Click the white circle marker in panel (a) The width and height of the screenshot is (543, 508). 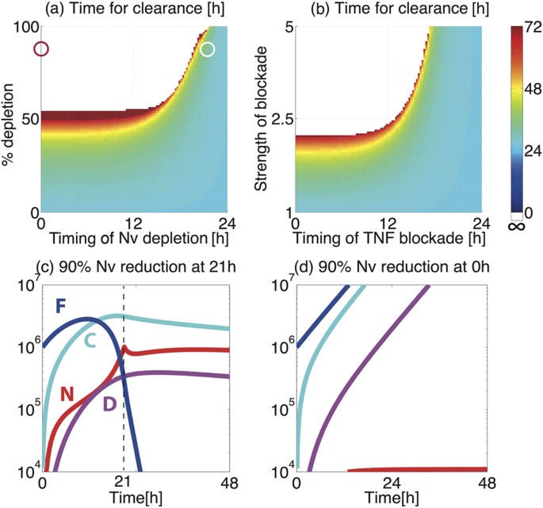(208, 50)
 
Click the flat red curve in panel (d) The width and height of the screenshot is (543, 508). (420, 469)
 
